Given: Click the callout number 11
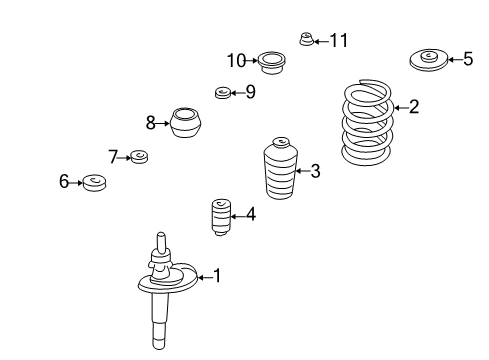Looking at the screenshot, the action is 339,41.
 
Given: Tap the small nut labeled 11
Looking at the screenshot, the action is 306,39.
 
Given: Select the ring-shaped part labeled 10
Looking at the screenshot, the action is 272,62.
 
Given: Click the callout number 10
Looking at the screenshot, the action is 236,61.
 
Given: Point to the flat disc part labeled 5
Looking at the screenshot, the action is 428,60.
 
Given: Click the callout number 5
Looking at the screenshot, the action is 468,59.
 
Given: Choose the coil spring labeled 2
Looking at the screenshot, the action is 367,122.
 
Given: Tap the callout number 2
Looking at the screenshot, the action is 414,107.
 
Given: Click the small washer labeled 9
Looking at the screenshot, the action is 222,92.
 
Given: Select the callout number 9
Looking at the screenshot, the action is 251,91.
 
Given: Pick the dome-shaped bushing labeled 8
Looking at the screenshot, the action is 186,122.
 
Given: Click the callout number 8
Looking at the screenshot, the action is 151,123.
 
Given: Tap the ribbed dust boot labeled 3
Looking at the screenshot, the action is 280,168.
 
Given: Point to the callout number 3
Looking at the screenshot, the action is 315,171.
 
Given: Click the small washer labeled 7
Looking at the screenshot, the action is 139,157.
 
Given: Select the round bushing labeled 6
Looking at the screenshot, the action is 94,183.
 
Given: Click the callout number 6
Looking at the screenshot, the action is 64,182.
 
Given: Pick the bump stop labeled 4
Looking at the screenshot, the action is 221,217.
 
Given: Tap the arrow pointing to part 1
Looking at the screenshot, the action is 204,277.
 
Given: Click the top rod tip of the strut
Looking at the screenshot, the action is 161,234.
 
